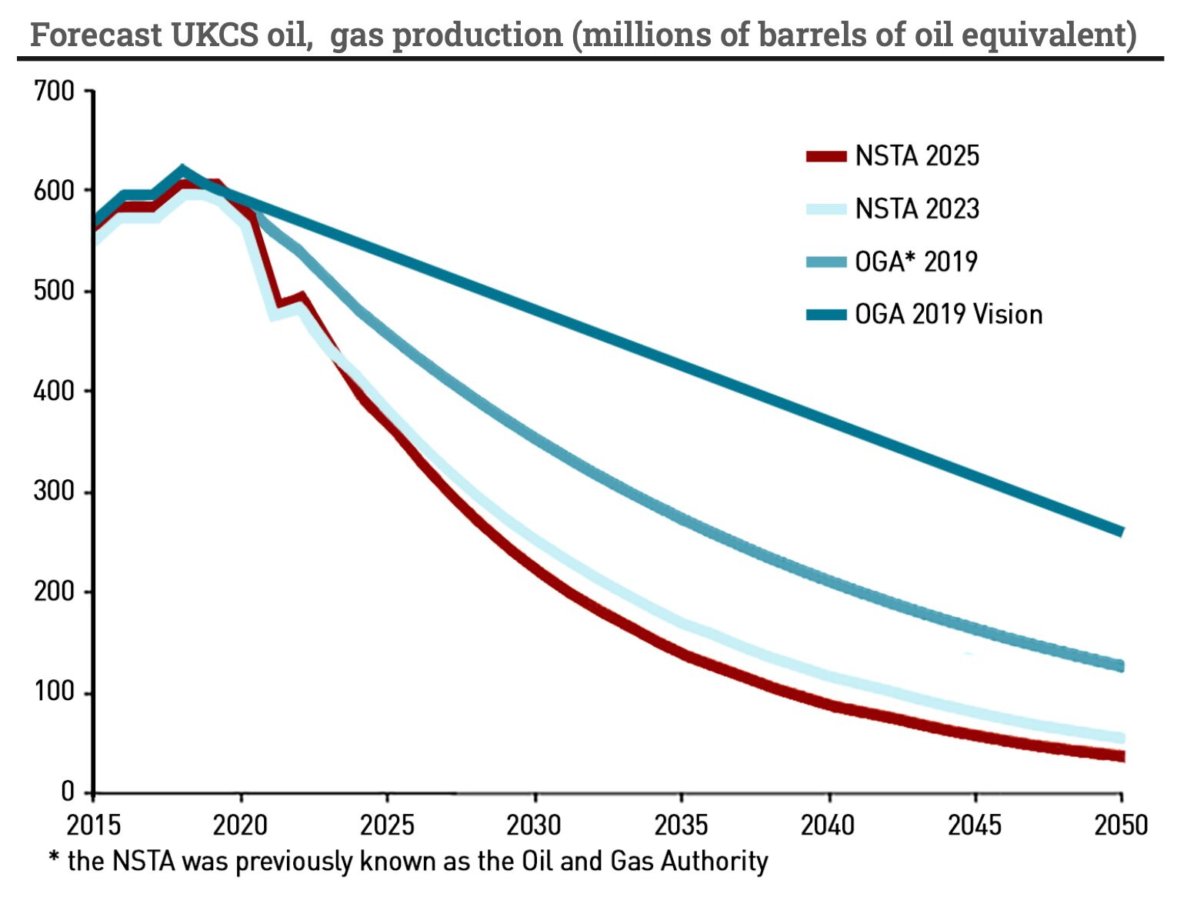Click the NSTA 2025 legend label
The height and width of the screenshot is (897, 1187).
click(917, 156)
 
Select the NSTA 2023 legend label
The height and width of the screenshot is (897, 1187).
click(917, 208)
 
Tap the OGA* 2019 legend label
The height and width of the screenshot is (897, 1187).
click(915, 262)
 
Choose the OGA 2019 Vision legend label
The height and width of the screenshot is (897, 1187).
click(949, 315)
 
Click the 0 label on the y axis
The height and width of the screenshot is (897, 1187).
click(67, 792)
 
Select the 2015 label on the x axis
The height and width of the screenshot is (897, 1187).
click(93, 825)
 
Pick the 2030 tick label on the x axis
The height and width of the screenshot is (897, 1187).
click(534, 825)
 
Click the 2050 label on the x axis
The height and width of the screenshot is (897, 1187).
click(1121, 825)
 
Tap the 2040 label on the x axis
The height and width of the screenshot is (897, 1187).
click(828, 825)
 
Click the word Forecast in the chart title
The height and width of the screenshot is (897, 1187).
click(96, 35)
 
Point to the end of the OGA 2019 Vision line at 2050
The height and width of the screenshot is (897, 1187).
click(1121, 532)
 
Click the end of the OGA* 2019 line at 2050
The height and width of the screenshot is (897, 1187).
click(1121, 665)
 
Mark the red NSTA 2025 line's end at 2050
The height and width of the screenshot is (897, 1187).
click(1121, 756)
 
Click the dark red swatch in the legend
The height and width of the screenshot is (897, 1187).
click(826, 156)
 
